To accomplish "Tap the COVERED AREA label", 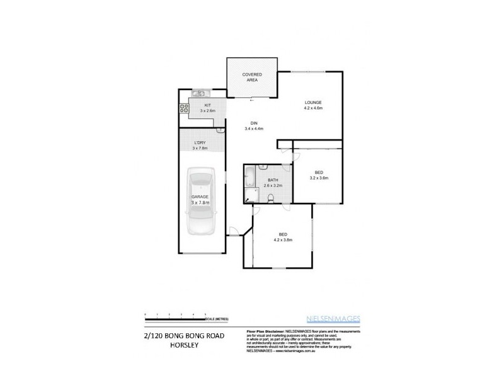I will [x=252, y=78].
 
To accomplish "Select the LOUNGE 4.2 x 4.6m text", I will [x=313, y=105].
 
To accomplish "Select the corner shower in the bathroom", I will [x=251, y=196].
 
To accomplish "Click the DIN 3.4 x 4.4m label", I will [x=253, y=125].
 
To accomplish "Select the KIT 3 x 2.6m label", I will [x=207, y=108].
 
